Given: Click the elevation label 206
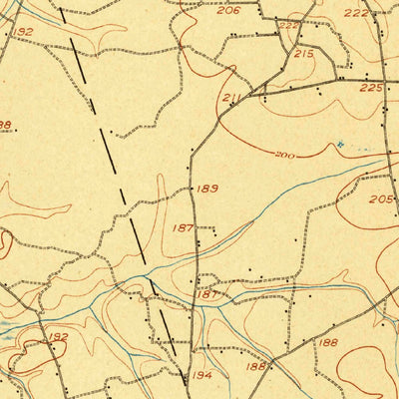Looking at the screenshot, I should coord(228,11).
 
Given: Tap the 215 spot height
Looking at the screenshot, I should coord(304,53).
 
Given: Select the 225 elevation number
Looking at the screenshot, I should coord(371,89).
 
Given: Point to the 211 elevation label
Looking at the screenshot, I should coord(233,98).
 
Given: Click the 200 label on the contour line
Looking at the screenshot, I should coord(285,157).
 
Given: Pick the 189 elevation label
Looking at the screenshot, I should coord(207,189).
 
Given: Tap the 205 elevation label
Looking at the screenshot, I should coord(381,199).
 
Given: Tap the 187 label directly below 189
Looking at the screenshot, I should coord(184,228).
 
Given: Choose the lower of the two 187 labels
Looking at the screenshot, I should coord(206,294).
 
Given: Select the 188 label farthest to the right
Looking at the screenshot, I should coord(329,342).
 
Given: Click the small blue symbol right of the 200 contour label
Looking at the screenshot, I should coord(339,145).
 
